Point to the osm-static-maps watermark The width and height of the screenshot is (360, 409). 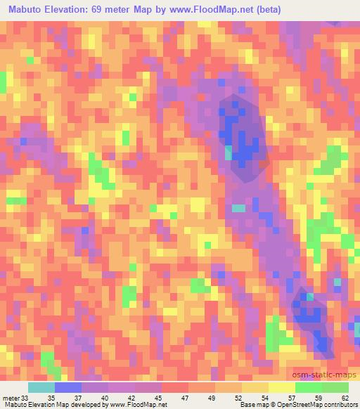pos(329,375)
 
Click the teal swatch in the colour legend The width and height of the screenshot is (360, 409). pos(41,388)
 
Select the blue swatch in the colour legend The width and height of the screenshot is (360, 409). pos(68,388)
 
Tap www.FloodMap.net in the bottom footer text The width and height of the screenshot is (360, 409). pos(138,404)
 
